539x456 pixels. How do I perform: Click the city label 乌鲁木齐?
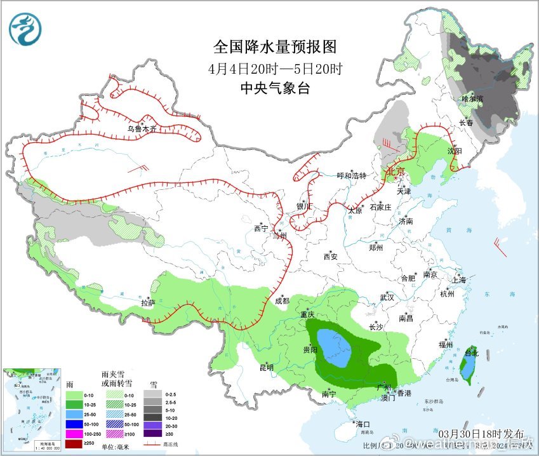pos(141,128)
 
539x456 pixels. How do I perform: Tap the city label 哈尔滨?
pos(472,98)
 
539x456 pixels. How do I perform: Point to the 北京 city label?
pos(396,171)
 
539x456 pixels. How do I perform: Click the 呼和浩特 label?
pos(352,176)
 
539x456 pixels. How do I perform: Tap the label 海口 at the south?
pos(363,424)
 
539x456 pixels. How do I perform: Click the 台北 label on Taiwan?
pos(470,352)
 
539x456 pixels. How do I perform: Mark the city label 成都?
pos(282,301)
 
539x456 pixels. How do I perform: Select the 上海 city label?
pos(458,280)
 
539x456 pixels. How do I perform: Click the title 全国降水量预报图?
pos(274,47)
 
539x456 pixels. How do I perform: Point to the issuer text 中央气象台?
pos(275,88)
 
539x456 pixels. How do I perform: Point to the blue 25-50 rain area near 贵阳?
pos(333,348)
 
